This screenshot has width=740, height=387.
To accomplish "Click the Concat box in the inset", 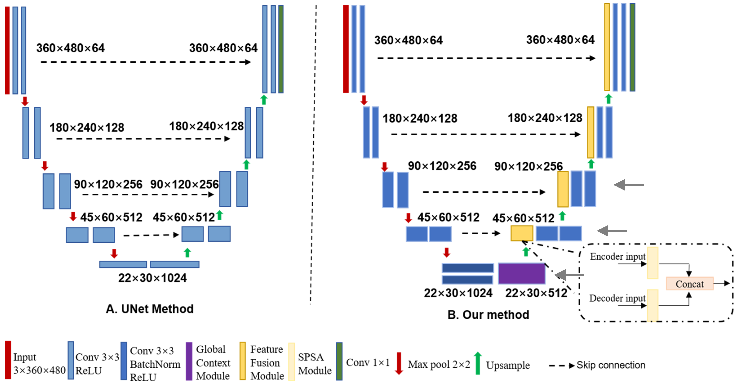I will pyautogui.click(x=689, y=284).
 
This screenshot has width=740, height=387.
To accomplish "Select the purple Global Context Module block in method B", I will pyautogui.click(x=521, y=273).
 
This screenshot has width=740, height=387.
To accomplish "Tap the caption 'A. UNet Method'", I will pyautogui.click(x=150, y=309).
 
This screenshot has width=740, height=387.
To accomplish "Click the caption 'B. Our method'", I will pyautogui.click(x=488, y=315).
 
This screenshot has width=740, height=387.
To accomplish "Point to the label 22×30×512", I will pyautogui.click(x=536, y=293).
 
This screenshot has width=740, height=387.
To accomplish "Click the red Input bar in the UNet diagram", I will pyautogui.click(x=7, y=50).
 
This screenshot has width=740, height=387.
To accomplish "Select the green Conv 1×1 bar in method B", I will pyautogui.click(x=632, y=47).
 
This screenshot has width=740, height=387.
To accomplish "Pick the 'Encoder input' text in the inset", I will pyautogui.click(x=618, y=257).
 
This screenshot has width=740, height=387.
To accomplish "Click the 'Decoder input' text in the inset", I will pyautogui.click(x=617, y=298).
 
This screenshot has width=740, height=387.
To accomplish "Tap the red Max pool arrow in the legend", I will pyautogui.click(x=399, y=363).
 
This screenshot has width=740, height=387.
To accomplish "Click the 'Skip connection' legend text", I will pyautogui.click(x=611, y=365).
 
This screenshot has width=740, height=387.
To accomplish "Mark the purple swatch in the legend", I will pyautogui.click(x=189, y=361).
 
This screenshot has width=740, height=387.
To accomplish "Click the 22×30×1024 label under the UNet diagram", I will pyautogui.click(x=152, y=278).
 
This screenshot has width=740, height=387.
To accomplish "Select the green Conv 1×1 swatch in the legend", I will pyautogui.click(x=339, y=361).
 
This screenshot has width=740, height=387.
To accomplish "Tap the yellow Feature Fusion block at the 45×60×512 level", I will pyautogui.click(x=522, y=233).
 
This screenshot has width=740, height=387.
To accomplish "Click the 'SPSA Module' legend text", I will pyautogui.click(x=315, y=364).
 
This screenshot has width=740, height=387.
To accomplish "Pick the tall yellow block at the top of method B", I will pyautogui.click(x=607, y=47).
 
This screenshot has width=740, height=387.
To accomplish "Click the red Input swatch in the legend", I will pyautogui.click(x=8, y=360).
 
